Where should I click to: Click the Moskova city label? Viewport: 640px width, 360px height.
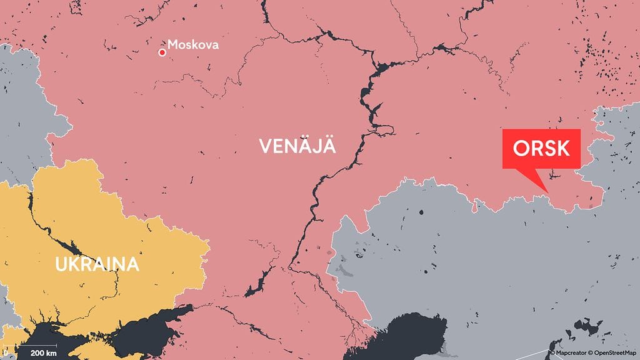194,46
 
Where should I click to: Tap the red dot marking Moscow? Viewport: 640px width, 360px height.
162,52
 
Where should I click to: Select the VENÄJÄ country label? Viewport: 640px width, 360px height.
297,147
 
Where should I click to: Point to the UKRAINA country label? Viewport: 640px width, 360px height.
97,264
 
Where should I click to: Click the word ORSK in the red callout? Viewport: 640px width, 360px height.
541,149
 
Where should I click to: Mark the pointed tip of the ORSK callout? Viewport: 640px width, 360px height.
548,192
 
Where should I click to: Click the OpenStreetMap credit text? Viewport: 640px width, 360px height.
616,354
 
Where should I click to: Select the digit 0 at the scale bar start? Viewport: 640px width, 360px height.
5,353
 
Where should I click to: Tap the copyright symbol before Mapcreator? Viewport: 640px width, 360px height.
552,354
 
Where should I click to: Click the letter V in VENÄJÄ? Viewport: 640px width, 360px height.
265,147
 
